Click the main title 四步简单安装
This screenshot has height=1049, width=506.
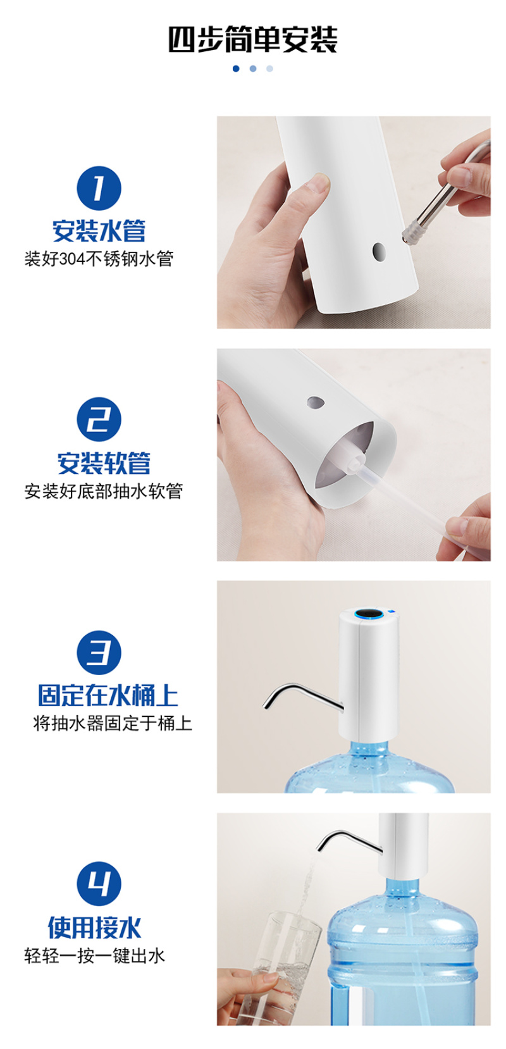253,39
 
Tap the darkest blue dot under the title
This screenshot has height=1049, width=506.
236,69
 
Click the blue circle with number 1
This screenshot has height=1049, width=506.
99,189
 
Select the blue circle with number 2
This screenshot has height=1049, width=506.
99,419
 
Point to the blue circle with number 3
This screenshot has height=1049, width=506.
99,652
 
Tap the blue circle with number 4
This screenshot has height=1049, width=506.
99,883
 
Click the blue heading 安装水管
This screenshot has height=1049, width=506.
99,231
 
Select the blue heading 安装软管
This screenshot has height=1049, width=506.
104,463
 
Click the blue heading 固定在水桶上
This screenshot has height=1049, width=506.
108,695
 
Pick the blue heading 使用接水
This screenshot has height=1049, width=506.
94,928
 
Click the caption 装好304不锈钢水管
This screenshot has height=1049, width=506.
99,259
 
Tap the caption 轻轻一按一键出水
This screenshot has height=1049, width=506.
94,955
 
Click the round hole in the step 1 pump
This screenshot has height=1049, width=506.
379,252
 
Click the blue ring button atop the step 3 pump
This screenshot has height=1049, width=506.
367,614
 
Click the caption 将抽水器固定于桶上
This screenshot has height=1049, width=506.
113,723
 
